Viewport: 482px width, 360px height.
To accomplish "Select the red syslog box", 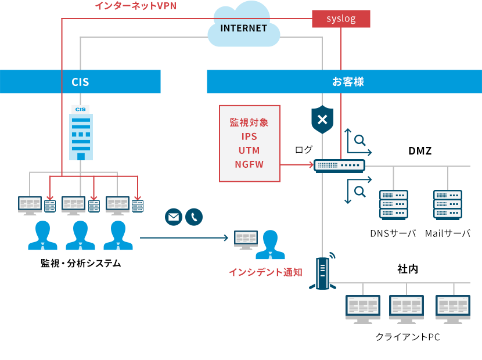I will pyautogui.click(x=341, y=19).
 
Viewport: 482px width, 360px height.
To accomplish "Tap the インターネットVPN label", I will pyautogui.click(x=135, y=6).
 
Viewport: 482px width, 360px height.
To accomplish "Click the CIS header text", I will pyautogui.click(x=80, y=82).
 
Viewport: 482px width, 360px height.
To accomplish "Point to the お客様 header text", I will pyautogui.click(x=348, y=82).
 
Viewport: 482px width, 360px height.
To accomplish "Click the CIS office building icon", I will pyautogui.click(x=81, y=133).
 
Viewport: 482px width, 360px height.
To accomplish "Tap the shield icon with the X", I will pyautogui.click(x=323, y=120).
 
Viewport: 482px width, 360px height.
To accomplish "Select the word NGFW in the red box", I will pyautogui.click(x=249, y=164).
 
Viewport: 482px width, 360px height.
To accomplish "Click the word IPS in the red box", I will pyautogui.click(x=249, y=136).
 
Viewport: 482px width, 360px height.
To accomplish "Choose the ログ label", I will pyautogui.click(x=303, y=150).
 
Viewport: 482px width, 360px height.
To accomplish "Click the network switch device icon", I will pyautogui.click(x=340, y=165).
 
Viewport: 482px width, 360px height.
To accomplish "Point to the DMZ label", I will pyautogui.click(x=420, y=151).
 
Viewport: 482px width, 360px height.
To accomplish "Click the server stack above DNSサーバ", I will pyautogui.click(x=394, y=204).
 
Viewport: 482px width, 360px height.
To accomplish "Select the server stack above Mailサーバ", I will pyautogui.click(x=448, y=204).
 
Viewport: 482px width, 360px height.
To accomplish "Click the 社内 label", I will pyautogui.click(x=408, y=269).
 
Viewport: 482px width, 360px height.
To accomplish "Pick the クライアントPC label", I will pyautogui.click(x=408, y=337).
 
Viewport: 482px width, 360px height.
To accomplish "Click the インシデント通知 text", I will pyautogui.click(x=265, y=272).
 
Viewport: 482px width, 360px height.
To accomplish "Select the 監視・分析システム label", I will pyautogui.click(x=81, y=263).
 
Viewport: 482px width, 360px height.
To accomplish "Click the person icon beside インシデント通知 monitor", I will pyautogui.click(x=271, y=244).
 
